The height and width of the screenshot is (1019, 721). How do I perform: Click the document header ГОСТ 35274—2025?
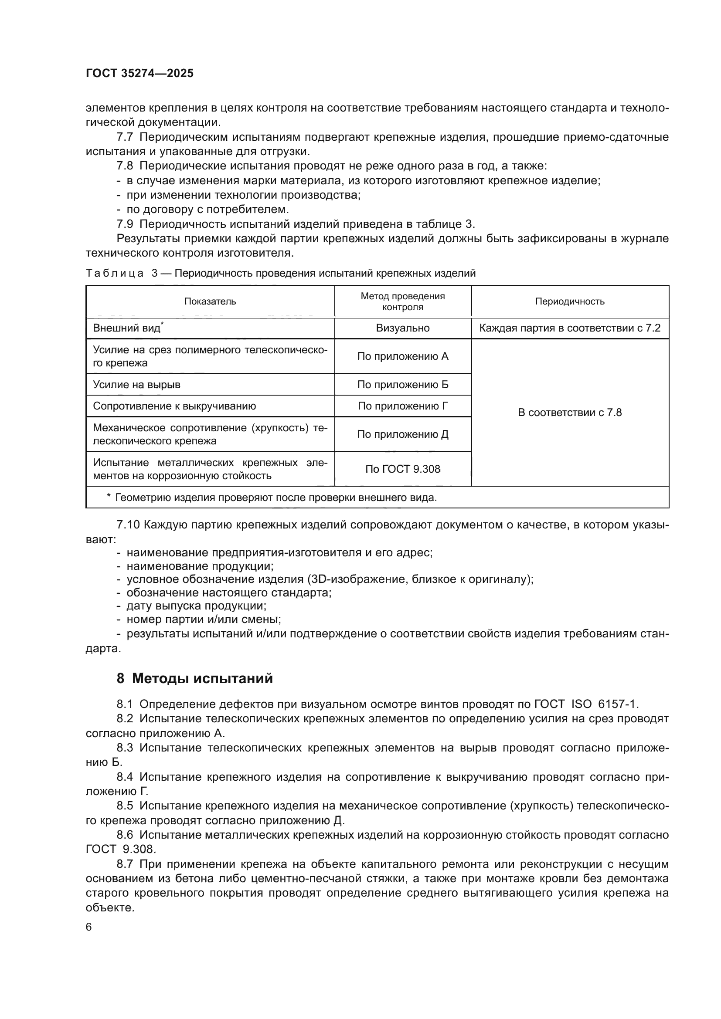pos(139,74)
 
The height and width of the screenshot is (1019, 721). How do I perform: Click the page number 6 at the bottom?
pos(89,927)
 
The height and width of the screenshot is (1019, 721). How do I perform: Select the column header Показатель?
pos(210,301)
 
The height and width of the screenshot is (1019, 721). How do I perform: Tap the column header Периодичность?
pos(570,301)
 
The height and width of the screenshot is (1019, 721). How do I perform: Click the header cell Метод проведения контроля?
pos(403,301)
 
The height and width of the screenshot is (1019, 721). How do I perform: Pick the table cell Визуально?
pos(403,328)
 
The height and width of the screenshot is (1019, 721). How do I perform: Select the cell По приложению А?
pos(403,356)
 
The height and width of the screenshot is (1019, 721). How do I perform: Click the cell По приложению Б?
pos(403,384)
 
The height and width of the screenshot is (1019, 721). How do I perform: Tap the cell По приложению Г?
pos(403,406)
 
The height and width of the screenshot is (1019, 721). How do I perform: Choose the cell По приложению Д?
pos(403,434)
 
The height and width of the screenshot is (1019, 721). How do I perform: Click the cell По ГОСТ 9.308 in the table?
pos(403,469)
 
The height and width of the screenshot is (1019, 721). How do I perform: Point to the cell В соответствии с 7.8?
pos(570,413)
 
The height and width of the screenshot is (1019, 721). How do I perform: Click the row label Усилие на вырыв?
pos(137,384)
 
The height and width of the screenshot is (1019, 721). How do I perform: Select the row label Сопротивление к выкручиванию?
pos(174,406)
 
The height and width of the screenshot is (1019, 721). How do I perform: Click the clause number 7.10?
pos(128,525)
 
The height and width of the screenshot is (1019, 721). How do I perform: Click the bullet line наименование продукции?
pos(200,566)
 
